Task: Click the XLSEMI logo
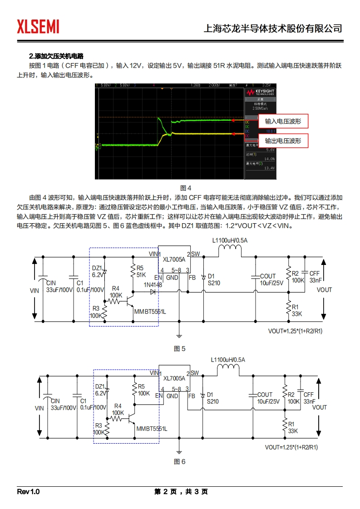click(x=38, y=27)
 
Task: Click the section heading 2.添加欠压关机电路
click(x=56, y=56)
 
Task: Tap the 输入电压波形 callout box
click(x=283, y=121)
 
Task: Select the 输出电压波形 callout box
click(x=283, y=141)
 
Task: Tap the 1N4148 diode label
click(x=153, y=284)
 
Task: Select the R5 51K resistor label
click(x=141, y=271)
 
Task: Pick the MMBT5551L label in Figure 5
click(x=150, y=312)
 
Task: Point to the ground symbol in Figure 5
click(x=179, y=335)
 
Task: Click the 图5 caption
click(x=180, y=349)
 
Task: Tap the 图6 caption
click(x=180, y=461)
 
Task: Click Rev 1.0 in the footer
click(x=29, y=492)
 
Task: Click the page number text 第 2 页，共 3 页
click(x=181, y=492)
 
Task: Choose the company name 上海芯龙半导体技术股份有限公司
click(x=273, y=29)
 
